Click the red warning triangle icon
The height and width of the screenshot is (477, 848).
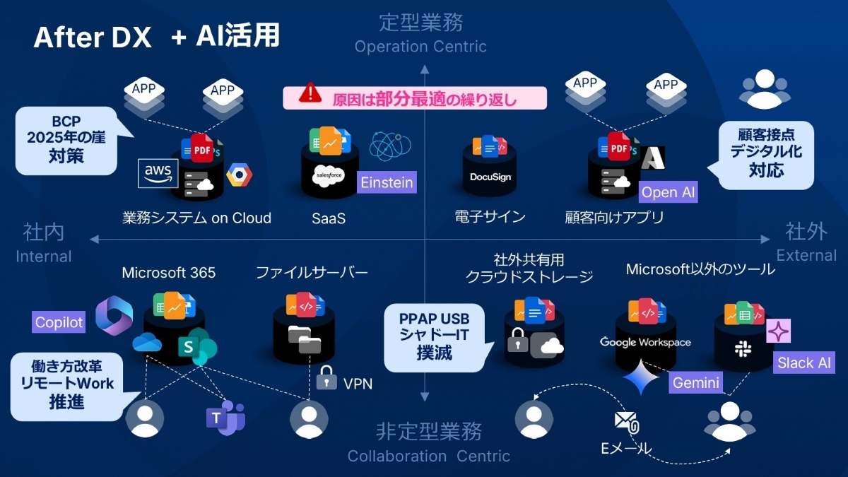(x=310, y=93)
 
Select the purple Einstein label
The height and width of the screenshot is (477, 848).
(x=387, y=182)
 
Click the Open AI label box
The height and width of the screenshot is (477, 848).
(x=668, y=193)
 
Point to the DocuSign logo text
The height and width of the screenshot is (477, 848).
(x=490, y=177)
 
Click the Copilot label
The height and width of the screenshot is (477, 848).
(x=59, y=323)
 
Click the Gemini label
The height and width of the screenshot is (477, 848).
(x=696, y=383)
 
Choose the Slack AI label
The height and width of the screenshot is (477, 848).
(x=804, y=363)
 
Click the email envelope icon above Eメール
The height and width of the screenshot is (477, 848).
(x=626, y=422)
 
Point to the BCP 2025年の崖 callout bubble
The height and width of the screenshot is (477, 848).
(x=66, y=141)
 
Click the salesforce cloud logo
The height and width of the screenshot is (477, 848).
(x=327, y=175)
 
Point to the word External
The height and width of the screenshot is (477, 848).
(x=806, y=255)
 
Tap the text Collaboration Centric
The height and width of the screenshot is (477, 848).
(x=428, y=457)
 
